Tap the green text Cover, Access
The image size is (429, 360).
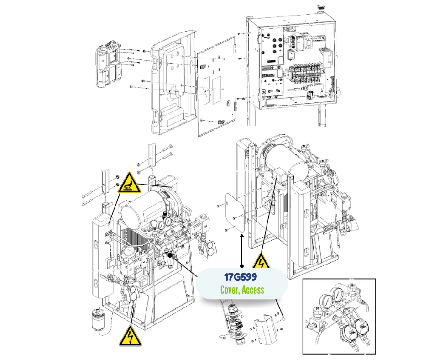(x=242, y=290)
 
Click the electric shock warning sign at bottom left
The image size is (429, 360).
(x=129, y=337)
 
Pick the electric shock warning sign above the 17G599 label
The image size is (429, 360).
(x=261, y=262)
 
